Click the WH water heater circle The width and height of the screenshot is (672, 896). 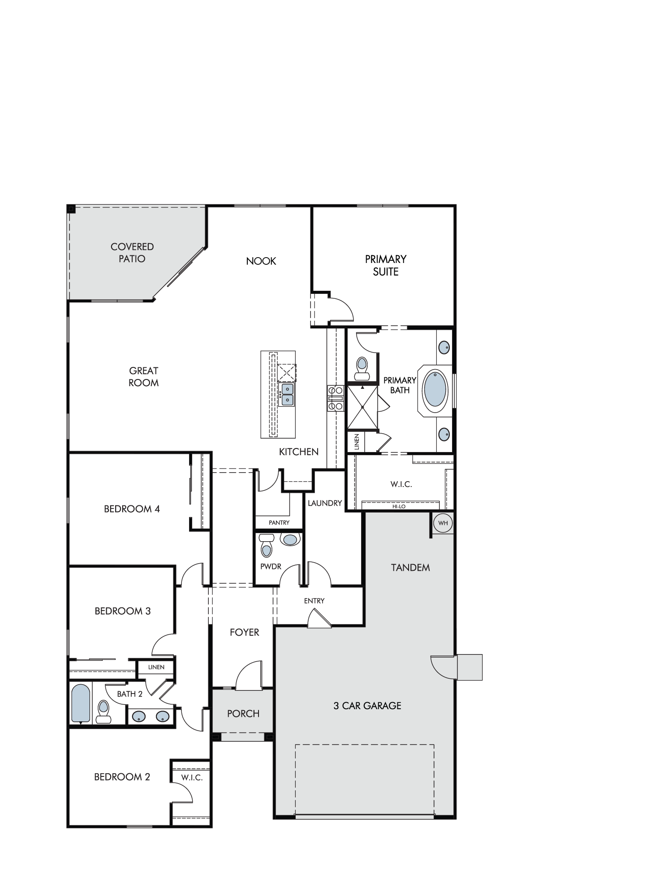point(443,523)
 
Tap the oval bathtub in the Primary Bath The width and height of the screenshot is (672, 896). point(436,388)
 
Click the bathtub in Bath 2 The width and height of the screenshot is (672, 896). point(81,703)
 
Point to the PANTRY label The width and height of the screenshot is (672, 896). point(279,522)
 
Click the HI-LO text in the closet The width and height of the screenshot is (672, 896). point(399,507)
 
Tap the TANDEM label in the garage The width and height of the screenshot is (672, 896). point(410,568)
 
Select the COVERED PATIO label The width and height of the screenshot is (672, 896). point(132,253)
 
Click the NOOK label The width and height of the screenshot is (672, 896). point(261,261)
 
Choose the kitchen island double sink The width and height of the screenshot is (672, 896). point(287,394)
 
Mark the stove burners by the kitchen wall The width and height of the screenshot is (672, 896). point(335,398)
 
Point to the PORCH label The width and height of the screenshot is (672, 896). point(243,714)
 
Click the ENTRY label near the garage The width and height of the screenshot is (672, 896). point(314,601)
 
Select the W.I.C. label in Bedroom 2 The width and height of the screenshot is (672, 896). point(192,777)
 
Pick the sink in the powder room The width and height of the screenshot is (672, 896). point(290,539)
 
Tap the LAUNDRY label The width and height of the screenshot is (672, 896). point(325,503)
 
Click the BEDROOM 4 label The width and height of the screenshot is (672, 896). point(132,509)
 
